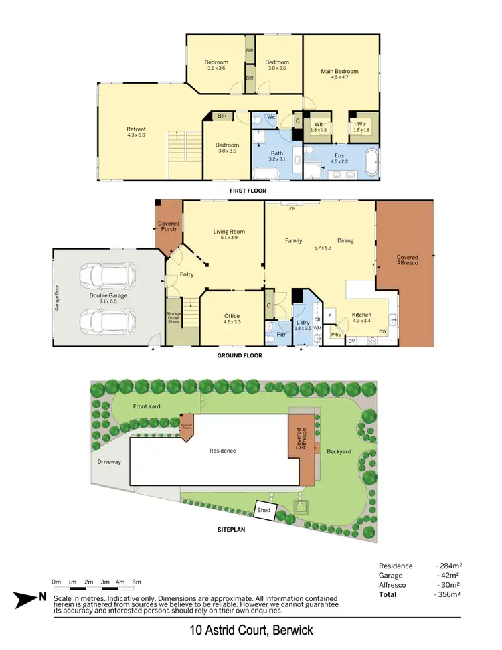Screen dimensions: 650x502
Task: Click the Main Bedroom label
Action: click(x=339, y=72)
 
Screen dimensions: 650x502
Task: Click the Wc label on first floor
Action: click(x=272, y=116)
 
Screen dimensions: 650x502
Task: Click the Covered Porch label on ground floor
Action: click(x=167, y=226)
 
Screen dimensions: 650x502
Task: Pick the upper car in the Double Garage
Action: click(x=107, y=274)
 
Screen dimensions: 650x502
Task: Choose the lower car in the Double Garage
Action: click(x=107, y=320)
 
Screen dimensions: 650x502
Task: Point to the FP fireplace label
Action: click(x=292, y=209)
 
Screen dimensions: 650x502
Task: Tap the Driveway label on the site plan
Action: click(x=108, y=461)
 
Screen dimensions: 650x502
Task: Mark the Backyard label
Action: click(x=339, y=452)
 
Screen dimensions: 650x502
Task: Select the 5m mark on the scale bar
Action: click(x=137, y=582)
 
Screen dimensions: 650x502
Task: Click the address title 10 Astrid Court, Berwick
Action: click(x=250, y=631)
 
